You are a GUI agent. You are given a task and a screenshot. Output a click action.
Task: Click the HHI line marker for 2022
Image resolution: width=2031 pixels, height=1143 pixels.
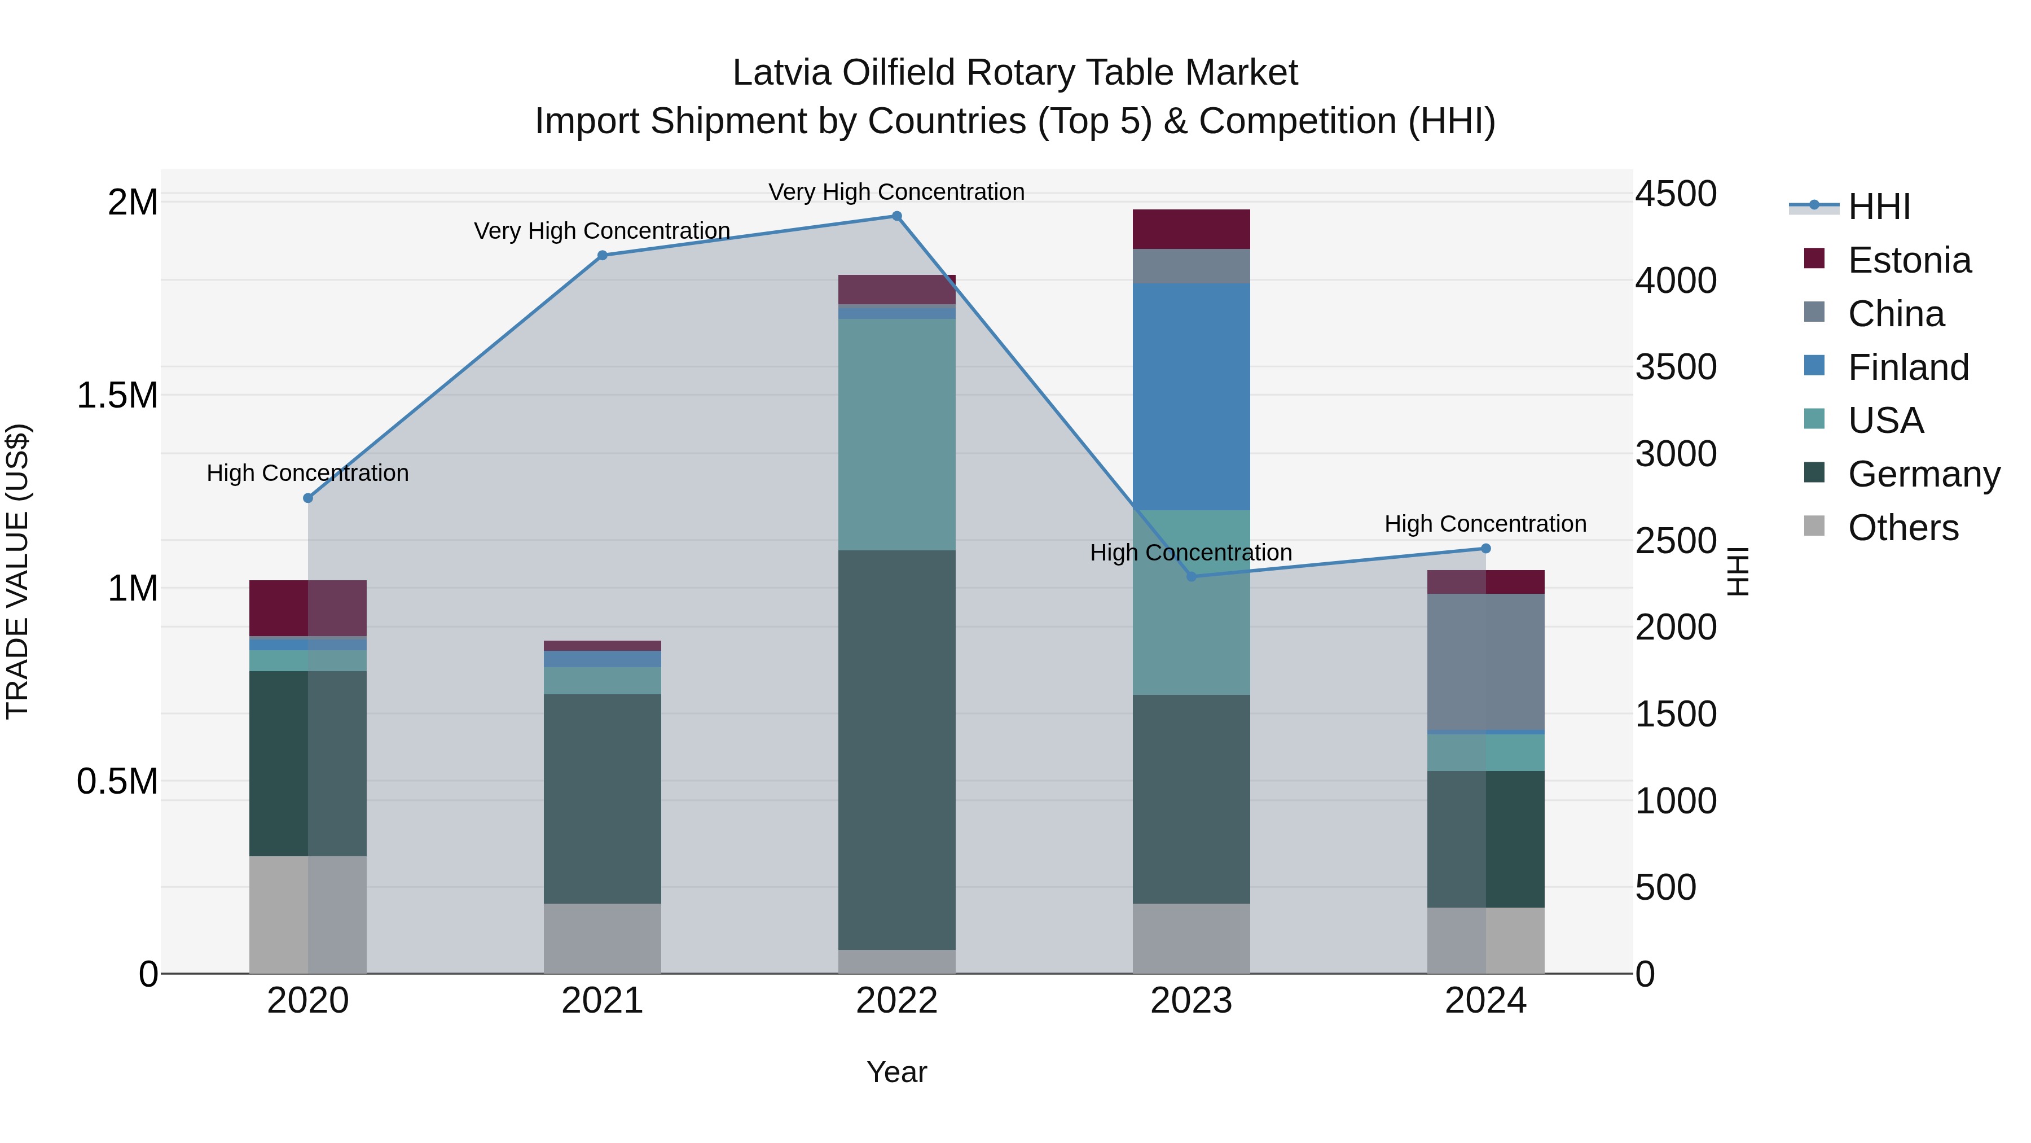tap(896, 216)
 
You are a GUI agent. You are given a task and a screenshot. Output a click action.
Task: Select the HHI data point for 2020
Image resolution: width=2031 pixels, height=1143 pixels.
tap(308, 498)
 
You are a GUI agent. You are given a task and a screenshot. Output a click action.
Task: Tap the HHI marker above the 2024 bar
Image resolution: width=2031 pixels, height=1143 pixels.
tap(1485, 548)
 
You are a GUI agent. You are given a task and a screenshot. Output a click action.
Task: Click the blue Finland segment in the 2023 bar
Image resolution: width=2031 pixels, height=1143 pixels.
tap(1192, 396)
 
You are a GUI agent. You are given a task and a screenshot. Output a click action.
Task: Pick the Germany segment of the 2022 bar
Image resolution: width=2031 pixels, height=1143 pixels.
tap(896, 750)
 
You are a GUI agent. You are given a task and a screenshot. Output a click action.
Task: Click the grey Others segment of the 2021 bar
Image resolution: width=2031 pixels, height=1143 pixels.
tap(603, 938)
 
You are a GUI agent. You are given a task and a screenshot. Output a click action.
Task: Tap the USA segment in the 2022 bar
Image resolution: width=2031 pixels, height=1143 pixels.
tap(896, 434)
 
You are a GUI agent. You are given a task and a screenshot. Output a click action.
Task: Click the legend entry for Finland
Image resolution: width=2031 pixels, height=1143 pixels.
tap(1908, 367)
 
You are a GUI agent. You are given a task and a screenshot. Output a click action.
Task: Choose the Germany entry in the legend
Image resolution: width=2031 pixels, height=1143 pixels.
tap(1924, 474)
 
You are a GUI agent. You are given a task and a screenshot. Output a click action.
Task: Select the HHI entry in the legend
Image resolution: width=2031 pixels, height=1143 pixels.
tap(1879, 207)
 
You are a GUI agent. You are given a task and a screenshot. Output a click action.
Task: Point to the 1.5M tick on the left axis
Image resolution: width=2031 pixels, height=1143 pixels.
tap(117, 395)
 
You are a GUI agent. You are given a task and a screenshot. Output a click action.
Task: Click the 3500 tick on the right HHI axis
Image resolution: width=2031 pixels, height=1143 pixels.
tap(1676, 367)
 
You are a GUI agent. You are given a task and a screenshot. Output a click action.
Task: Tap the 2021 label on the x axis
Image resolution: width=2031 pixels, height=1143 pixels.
tap(603, 1001)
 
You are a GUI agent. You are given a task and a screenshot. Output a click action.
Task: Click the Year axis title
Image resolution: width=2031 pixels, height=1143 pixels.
tap(896, 1072)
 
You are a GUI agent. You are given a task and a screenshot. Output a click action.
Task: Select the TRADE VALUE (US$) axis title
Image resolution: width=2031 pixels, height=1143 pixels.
tap(17, 571)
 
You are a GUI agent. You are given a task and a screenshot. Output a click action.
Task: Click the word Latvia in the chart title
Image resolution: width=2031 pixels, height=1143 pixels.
tap(781, 73)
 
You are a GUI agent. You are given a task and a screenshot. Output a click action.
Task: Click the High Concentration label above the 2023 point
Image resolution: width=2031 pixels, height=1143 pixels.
tap(1190, 553)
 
